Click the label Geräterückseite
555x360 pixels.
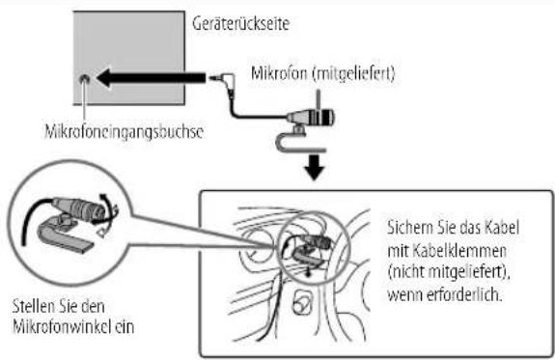(x=240, y=24)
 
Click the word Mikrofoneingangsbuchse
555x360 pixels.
(x=125, y=131)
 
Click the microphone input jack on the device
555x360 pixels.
(x=84, y=78)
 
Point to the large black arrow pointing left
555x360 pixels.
(x=152, y=78)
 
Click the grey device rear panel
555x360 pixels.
(x=128, y=58)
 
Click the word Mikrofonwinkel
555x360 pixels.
(x=57, y=326)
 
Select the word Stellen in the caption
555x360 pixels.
(x=30, y=306)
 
